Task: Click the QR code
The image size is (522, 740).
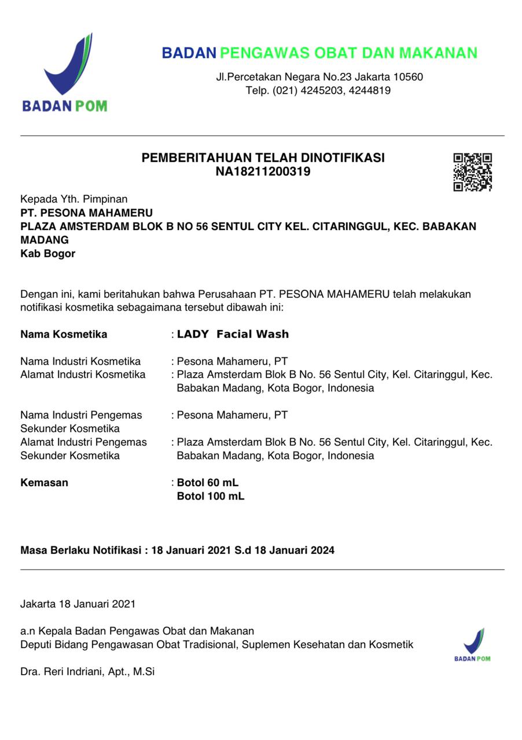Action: pos(472,172)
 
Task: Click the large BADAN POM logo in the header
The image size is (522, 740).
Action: pos(65,73)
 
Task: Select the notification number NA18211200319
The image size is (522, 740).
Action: pos(263,172)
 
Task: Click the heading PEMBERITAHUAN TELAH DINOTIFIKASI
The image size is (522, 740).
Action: pos(263,158)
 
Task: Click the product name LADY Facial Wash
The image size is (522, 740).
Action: pos(233,334)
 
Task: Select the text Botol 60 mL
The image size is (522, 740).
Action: pos(208,483)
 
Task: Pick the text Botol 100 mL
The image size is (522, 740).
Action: pos(211,496)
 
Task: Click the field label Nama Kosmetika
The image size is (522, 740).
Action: pos(64,334)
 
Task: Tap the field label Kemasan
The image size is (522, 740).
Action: pos(44,483)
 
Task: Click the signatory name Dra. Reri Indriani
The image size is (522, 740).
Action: pos(87,672)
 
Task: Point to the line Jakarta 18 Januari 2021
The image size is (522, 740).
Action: pos(78,604)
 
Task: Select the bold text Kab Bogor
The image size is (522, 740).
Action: pos(47,253)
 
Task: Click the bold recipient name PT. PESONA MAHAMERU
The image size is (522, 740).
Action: pos(86,213)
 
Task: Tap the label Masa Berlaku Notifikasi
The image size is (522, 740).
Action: pos(81,550)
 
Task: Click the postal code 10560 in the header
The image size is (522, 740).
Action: pos(408,77)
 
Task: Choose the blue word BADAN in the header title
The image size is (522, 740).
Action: pos(189,53)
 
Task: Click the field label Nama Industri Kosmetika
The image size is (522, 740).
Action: pos(80,361)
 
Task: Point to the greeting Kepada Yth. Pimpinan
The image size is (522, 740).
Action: pos(73,199)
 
